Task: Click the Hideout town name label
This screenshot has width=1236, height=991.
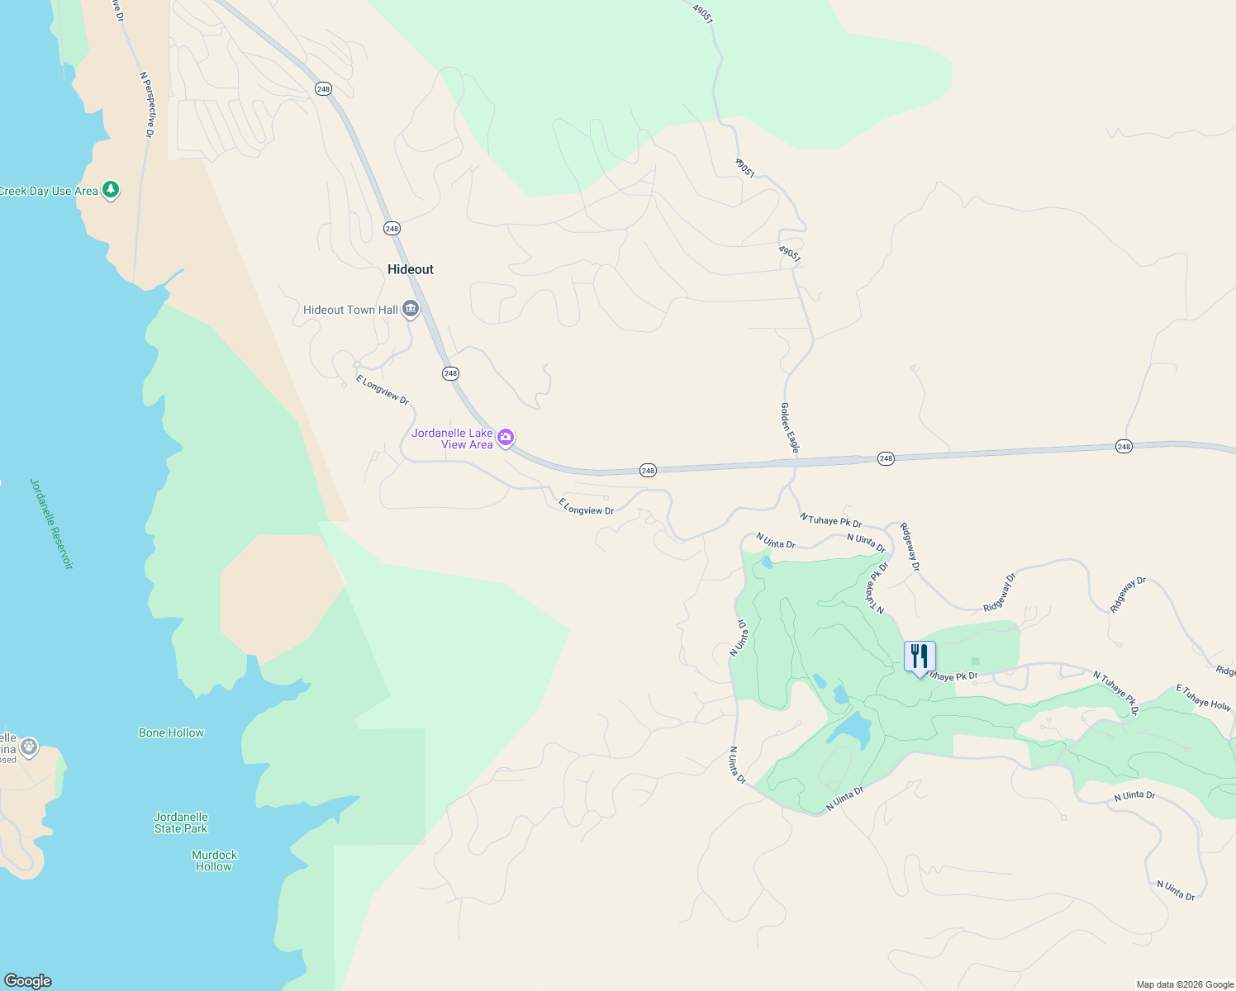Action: click(411, 269)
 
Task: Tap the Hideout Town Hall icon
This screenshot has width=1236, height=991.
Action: click(411, 310)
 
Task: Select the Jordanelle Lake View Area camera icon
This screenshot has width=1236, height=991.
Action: click(506, 437)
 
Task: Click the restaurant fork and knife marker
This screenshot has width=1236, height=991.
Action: click(920, 657)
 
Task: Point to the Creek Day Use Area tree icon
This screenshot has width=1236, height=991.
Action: click(111, 190)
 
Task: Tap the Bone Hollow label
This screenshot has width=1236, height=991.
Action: click(171, 733)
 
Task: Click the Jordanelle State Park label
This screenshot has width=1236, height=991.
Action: click(181, 823)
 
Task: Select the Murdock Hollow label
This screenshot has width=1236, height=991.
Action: click(214, 861)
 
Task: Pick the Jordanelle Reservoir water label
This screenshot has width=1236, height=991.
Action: click(51, 524)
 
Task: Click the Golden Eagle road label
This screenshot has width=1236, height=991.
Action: click(790, 428)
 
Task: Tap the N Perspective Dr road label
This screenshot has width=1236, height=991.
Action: click(147, 104)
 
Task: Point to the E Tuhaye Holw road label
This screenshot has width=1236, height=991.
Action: click(1203, 698)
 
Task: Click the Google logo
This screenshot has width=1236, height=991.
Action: click(28, 981)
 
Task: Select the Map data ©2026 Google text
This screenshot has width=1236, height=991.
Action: click(1184, 984)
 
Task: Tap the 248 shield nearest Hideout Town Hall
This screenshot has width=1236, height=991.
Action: click(450, 373)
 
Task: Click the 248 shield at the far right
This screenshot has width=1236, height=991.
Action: click(1124, 447)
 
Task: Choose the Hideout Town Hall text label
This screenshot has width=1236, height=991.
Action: click(350, 310)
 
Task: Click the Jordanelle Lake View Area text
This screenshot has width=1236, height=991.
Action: click(453, 439)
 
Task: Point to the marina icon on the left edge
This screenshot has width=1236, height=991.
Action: click(29, 747)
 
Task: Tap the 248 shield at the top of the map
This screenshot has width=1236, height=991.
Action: click(323, 89)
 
